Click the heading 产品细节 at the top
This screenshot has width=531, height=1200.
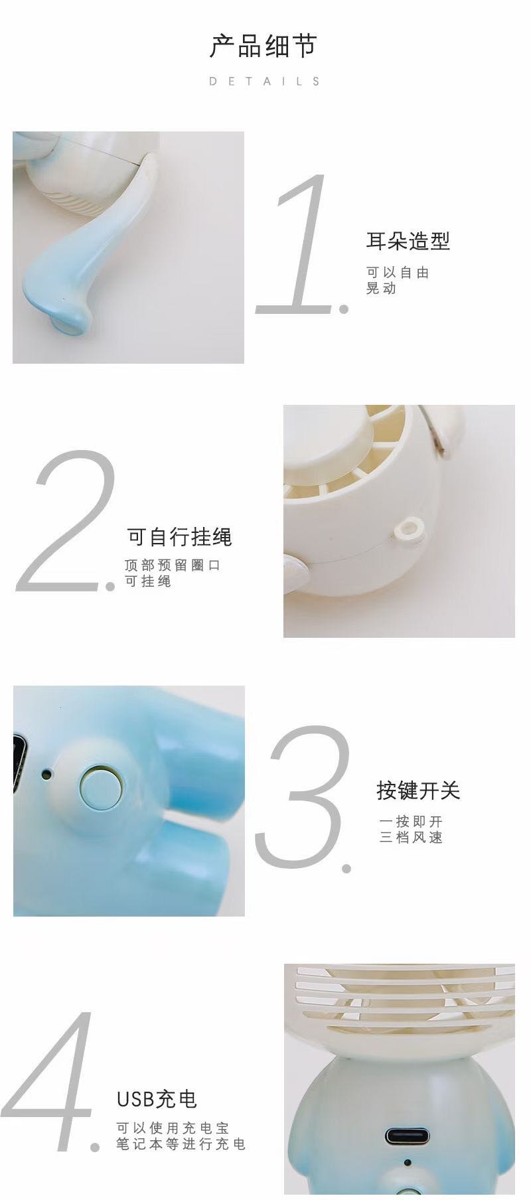(x=264, y=46)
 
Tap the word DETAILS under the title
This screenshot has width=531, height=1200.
(x=265, y=82)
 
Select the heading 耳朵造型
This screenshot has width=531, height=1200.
(x=408, y=241)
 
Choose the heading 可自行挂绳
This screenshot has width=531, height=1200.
(x=179, y=536)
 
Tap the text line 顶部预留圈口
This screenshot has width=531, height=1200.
(x=172, y=565)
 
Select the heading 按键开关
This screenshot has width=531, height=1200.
(x=418, y=790)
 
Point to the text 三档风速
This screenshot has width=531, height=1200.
(x=411, y=838)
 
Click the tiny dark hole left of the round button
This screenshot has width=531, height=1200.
(x=46, y=773)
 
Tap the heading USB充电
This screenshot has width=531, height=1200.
(x=157, y=1099)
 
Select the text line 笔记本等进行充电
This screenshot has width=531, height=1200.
(x=181, y=1144)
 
